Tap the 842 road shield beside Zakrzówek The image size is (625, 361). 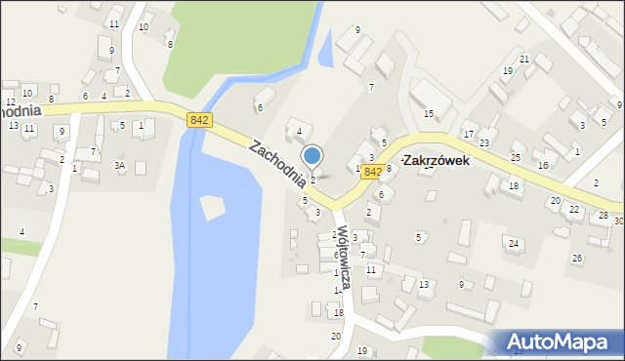coord(371,171)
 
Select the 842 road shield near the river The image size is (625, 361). coord(199,119)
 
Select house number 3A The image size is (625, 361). coord(120,167)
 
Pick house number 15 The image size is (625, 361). coord(428,114)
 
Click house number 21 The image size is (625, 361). coord(524,60)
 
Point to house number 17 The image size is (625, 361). coord(469,135)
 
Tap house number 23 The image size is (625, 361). coord(483,143)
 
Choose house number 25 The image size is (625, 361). coord(515,157)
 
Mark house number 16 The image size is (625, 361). coord(543,166)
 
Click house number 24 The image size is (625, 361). coord(512,242)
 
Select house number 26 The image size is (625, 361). coord(577,258)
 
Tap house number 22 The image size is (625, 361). coord(573,209)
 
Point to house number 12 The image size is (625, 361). coord(11,102)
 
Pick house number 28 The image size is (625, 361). coord(604,215)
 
